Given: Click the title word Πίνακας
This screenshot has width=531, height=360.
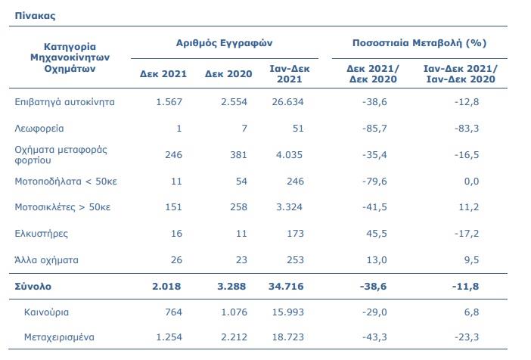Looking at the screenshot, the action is point(35,16).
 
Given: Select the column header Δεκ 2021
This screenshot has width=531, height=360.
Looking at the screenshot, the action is point(163,74).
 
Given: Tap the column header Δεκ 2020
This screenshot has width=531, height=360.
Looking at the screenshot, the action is point(228,74).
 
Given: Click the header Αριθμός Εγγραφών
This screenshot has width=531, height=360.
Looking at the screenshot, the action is point(224,43).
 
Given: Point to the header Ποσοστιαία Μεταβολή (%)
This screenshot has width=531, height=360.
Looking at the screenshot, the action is point(419,43).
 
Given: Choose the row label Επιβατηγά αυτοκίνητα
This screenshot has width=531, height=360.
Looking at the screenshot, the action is point(65,102).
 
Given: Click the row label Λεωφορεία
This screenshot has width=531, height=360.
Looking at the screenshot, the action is point(39,129).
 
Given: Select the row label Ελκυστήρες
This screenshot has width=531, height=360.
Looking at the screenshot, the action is point(42,234).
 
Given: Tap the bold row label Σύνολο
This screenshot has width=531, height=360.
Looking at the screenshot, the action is point(33,287).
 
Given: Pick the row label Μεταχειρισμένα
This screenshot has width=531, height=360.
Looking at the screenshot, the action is point(59,337).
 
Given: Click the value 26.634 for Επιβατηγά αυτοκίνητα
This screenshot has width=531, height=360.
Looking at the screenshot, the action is point(288,102).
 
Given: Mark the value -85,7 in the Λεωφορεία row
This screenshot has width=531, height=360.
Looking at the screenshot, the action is point(374,129).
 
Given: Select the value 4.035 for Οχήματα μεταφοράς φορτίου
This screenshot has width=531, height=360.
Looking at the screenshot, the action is point(289,155).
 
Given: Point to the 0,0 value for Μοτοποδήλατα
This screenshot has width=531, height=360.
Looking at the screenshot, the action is point(471,182).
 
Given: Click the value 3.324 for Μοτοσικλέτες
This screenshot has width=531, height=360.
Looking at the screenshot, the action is point(289,207).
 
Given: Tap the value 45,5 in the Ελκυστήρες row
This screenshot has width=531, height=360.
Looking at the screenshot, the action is point(377,234).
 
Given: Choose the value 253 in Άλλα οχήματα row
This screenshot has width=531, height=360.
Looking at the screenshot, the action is point(295,259).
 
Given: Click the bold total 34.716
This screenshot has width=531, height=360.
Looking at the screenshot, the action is point(286,287).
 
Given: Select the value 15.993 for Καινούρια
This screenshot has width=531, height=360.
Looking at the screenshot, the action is point(288,312).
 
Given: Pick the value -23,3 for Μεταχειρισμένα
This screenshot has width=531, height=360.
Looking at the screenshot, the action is point(467,337).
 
